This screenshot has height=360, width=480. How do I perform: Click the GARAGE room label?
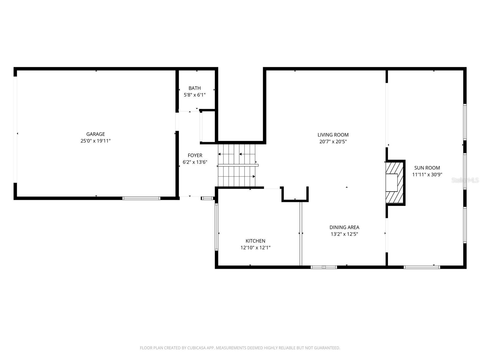pyautogui.click(x=95, y=134)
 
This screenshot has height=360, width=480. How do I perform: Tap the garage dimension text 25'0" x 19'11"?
pyautogui.click(x=95, y=141)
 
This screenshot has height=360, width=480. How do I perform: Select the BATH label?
pyautogui.click(x=195, y=88)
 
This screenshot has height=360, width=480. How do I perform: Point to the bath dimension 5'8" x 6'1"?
pyautogui.click(x=195, y=95)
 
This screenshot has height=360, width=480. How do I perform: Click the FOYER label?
pyautogui.click(x=195, y=155)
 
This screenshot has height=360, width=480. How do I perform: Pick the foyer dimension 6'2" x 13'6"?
pyautogui.click(x=195, y=162)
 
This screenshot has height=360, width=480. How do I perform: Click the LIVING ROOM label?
pyautogui.click(x=333, y=135)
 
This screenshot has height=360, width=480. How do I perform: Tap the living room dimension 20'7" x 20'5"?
pyautogui.click(x=333, y=142)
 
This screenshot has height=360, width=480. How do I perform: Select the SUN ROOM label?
pyautogui.click(x=427, y=168)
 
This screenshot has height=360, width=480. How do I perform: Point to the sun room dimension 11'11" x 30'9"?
pyautogui.click(x=427, y=175)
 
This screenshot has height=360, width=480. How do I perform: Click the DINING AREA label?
pyautogui.click(x=344, y=227)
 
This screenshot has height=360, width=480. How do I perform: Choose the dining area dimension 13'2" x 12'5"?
pyautogui.click(x=344, y=234)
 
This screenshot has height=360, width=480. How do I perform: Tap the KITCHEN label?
pyautogui.click(x=255, y=241)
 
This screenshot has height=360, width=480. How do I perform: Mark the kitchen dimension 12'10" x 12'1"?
pyautogui.click(x=255, y=248)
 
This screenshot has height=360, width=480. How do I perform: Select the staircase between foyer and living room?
pyautogui.click(x=237, y=165)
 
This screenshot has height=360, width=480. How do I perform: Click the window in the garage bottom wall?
pyautogui.click(x=141, y=198)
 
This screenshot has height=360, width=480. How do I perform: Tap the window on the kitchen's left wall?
pyautogui.click(x=217, y=227)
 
